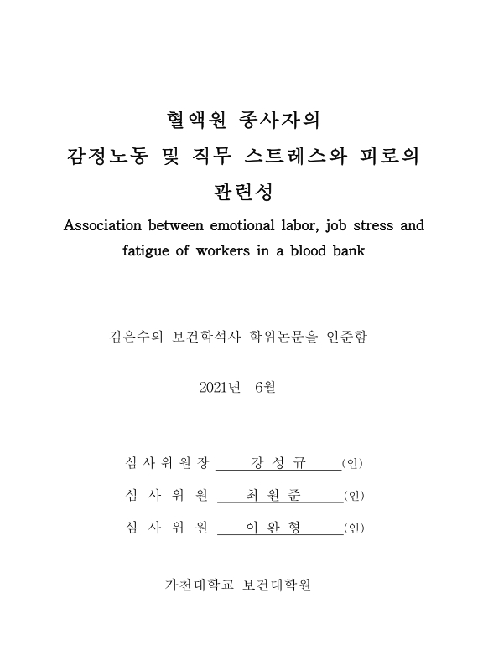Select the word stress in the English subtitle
pyautogui.click(x=366, y=225)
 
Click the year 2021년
pyautogui.click(x=221, y=387)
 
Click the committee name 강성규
pyautogui.click(x=278, y=463)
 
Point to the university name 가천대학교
pyautogui.click(x=198, y=584)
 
